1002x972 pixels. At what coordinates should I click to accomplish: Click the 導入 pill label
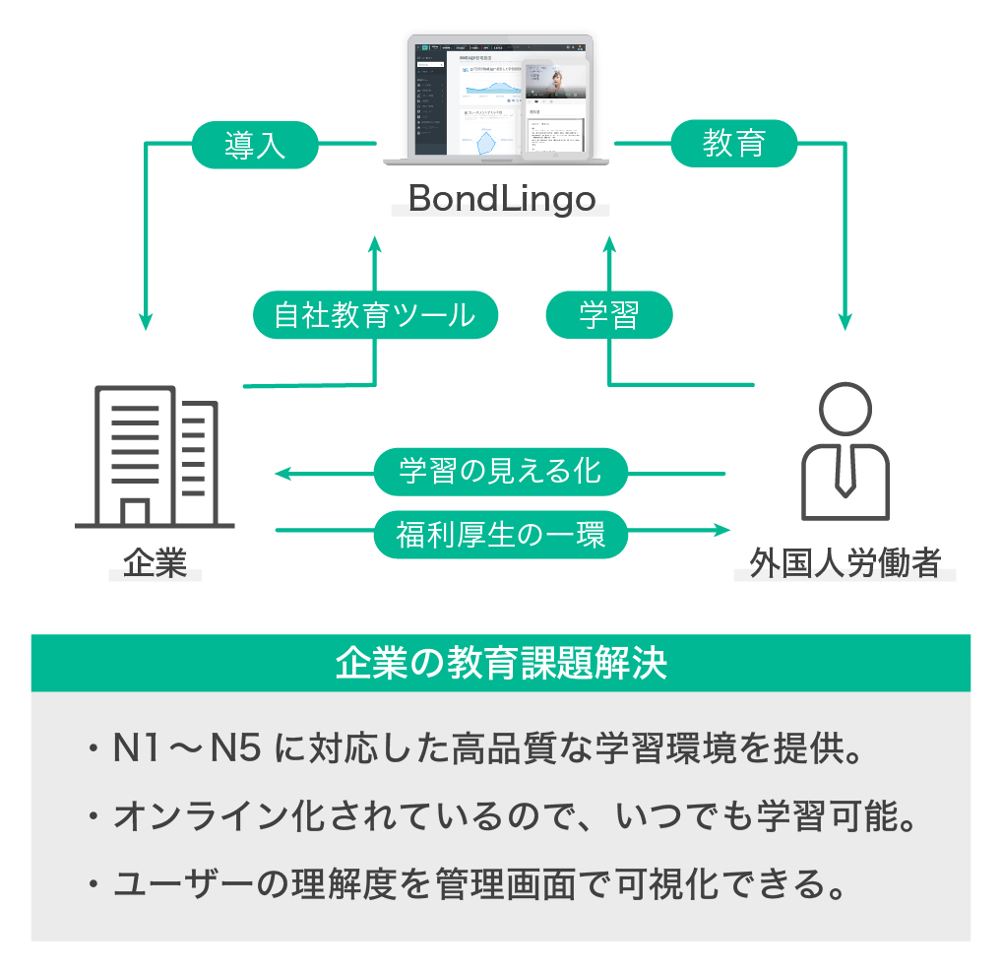click(255, 146)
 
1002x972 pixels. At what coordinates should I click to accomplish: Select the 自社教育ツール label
click(374, 315)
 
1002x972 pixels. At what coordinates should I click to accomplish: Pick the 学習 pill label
click(609, 315)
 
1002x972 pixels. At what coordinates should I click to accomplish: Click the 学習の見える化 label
click(500, 472)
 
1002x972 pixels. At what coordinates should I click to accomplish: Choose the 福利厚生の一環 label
click(500, 535)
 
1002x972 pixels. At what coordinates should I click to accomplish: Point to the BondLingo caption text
click(502, 199)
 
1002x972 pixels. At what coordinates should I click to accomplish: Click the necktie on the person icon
click(845, 473)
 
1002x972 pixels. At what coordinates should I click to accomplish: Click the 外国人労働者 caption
click(845, 564)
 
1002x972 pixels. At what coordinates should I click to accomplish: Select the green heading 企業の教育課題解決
click(501, 663)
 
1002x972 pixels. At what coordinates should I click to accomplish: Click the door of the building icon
click(135, 512)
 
